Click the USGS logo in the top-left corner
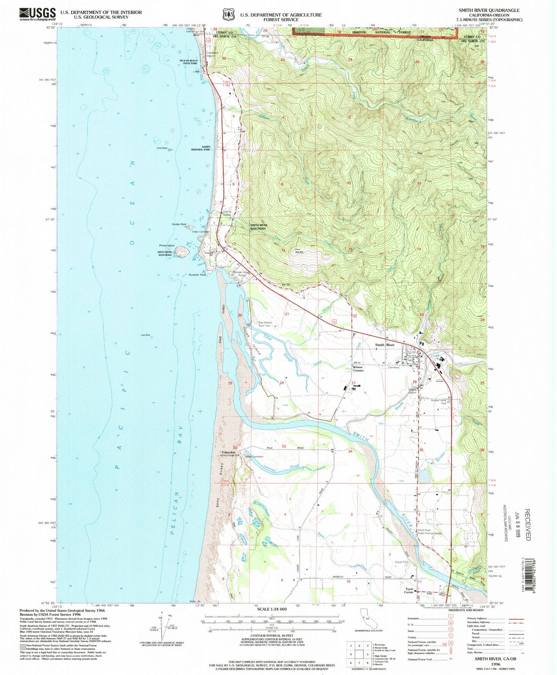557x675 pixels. click(37, 15)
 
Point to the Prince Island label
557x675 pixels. click(167, 245)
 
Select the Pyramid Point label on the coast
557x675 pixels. click(198, 275)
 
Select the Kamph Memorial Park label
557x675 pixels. click(201, 148)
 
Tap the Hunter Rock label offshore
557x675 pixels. click(179, 224)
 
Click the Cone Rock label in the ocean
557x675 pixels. click(162, 148)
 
